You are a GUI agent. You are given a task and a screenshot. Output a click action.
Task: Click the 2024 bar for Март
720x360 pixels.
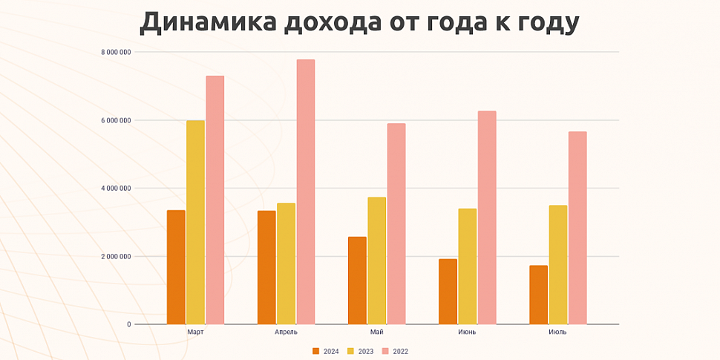176,267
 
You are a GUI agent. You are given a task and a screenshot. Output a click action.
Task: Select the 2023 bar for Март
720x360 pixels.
195,222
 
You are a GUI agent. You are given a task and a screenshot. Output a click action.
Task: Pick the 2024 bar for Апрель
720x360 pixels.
266,267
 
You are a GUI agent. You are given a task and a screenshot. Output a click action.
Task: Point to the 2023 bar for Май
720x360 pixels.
377,261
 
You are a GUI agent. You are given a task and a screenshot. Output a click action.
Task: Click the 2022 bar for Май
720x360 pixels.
396,223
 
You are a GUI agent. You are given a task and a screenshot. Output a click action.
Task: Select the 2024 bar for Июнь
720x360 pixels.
448,292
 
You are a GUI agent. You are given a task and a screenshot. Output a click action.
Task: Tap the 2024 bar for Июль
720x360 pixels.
538,295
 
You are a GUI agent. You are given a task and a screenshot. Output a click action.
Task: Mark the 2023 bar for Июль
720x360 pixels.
558,264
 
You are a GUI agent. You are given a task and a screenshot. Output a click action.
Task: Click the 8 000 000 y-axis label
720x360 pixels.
117,52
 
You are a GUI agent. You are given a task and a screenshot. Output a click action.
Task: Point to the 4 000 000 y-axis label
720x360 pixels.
117,189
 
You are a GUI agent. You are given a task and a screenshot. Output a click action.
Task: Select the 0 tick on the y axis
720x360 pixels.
128,324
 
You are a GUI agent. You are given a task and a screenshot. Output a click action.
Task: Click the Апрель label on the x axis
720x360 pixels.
286,333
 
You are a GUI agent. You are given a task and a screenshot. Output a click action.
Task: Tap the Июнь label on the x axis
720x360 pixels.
467,333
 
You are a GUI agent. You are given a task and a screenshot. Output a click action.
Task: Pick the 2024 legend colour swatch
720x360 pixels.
315,351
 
